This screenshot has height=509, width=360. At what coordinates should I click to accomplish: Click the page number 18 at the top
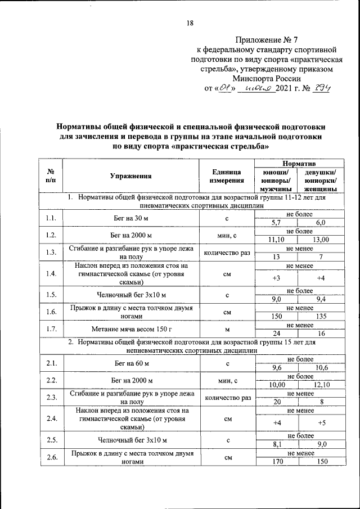(190, 23)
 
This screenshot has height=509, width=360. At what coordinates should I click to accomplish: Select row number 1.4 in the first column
(51, 274)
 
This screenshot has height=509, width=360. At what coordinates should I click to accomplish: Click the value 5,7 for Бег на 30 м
(276, 223)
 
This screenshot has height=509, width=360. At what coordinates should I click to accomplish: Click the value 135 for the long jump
(321, 316)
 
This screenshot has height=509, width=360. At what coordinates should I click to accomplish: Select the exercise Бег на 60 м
(130, 364)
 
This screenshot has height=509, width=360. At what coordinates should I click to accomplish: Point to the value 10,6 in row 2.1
(321, 368)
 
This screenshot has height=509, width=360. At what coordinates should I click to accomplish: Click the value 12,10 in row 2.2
(321, 385)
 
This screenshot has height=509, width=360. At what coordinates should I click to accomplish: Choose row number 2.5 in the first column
(51, 439)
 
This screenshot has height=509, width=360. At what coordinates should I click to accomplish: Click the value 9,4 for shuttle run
(321, 299)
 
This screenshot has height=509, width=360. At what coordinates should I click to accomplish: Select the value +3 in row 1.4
(276, 278)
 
